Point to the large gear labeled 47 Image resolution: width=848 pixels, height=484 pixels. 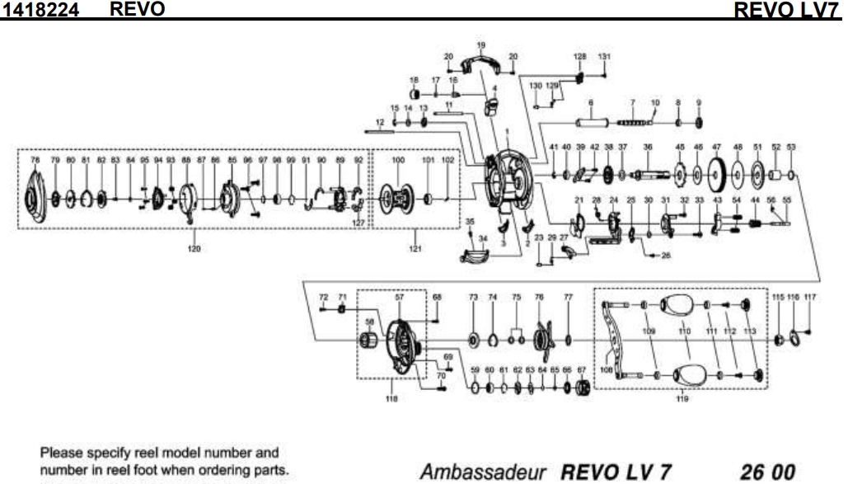(716, 174)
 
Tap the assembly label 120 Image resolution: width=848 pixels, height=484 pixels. (194, 247)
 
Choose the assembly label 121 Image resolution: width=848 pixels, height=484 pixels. (415, 247)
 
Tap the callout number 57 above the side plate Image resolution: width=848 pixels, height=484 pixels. (401, 295)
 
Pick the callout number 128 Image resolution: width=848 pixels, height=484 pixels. (579, 56)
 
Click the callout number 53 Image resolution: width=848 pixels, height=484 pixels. (792, 147)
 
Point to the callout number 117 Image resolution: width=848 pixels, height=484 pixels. (809, 296)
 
